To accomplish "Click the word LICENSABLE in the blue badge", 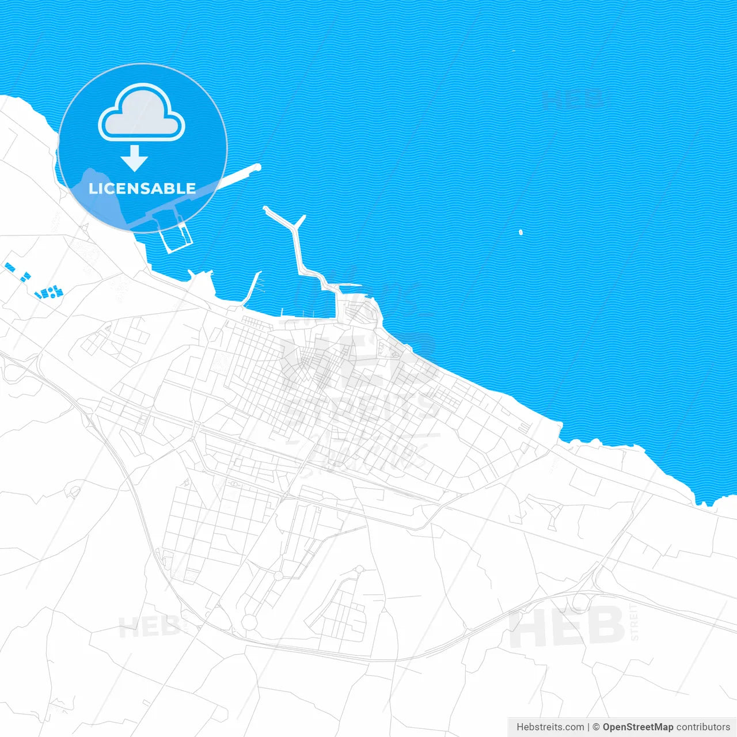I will (142, 189).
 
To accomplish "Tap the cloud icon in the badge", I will (142, 113).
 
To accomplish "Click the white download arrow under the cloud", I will (135, 158).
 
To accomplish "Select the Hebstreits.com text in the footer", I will (550, 727).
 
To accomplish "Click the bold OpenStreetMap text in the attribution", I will (638, 727).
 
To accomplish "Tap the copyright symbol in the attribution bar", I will (596, 727).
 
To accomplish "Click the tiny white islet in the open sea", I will (521, 233).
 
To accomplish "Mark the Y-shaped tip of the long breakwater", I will (299, 221).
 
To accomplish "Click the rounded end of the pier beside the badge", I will (257, 168).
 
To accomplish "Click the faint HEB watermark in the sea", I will (573, 99).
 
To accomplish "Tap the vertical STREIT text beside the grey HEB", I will (635, 622).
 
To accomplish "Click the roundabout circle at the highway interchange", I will (580, 602).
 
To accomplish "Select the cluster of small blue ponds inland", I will (50, 292).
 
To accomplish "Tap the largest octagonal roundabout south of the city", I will (249, 622).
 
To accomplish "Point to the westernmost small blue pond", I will (9, 267).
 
